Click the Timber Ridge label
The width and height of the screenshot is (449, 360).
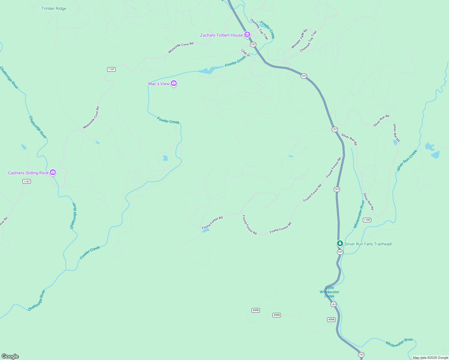point(54,8)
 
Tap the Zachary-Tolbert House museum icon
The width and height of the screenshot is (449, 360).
point(247,35)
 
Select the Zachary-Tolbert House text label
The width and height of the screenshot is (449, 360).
point(221,35)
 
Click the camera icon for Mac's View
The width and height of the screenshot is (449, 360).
point(174,83)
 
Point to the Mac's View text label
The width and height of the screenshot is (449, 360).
point(159,84)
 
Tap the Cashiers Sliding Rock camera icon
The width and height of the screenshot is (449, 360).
point(53,172)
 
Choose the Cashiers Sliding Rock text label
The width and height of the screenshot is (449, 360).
point(28,173)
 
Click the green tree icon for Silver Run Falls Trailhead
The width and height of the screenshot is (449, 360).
point(340,243)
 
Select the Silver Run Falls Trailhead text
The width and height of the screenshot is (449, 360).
point(368,244)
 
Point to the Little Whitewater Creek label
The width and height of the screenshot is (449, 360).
point(330,292)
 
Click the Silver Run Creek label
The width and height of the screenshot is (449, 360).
point(407,160)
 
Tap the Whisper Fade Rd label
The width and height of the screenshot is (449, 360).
point(299,39)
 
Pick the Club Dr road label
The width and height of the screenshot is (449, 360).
point(246,53)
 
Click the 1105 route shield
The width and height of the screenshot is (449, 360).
point(367,220)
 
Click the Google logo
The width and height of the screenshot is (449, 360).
point(10,356)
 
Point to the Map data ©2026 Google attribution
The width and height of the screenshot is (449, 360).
point(430,358)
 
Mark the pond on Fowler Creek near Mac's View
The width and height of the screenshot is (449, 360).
point(207,71)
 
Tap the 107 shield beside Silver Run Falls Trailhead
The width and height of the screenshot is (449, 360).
point(340,252)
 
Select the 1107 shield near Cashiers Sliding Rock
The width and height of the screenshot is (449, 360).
point(27,181)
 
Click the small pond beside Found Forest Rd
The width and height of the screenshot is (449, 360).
point(206,230)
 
